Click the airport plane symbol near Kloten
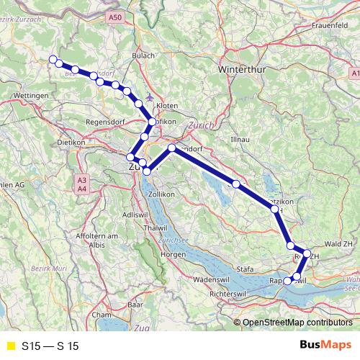tap(149, 96)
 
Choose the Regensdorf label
tap(106, 122)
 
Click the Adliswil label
tap(135, 215)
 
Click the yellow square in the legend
tap(10, 346)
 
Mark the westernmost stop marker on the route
tap(52, 59)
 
